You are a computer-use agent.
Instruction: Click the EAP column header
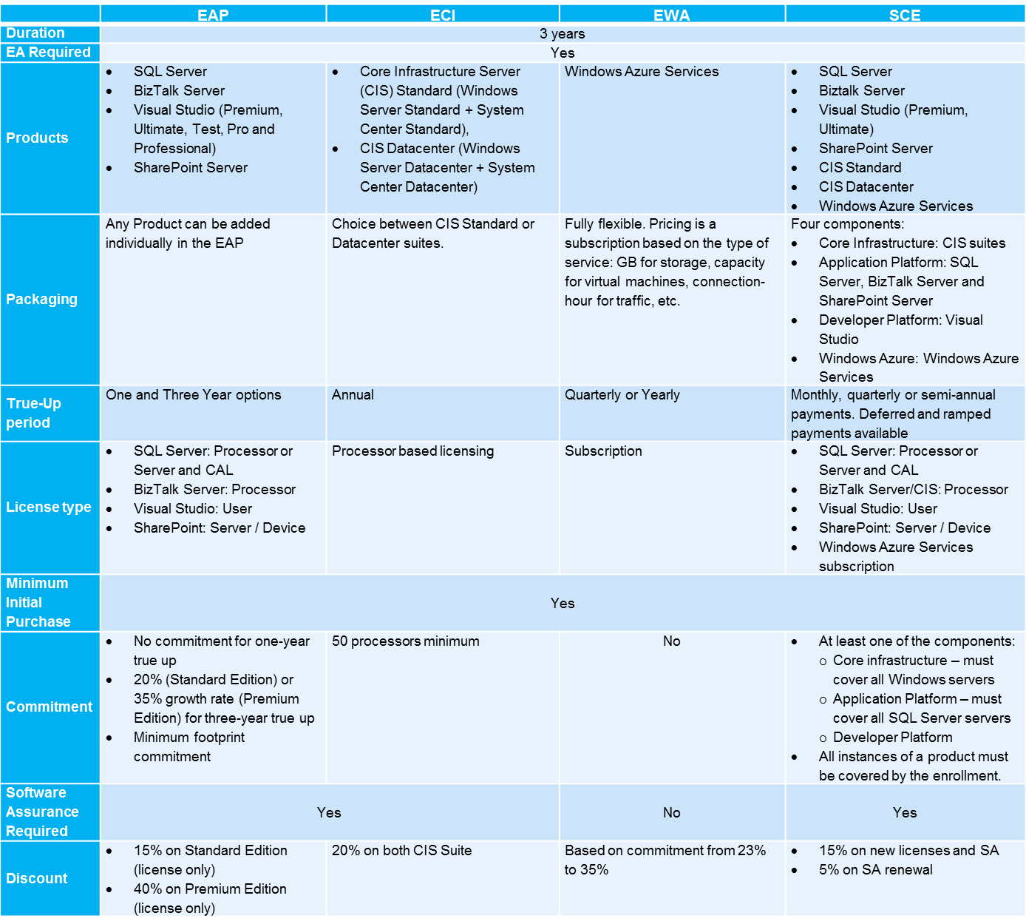[213, 15]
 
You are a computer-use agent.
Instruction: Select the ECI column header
[443, 15]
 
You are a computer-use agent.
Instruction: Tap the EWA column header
[671, 15]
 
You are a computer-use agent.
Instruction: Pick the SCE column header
[905, 15]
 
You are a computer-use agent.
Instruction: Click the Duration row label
[35, 33]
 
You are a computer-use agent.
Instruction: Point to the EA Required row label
[48, 53]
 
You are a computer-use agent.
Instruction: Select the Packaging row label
[41, 299]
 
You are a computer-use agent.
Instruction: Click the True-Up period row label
[34, 413]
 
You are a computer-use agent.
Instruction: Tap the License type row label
[49, 507]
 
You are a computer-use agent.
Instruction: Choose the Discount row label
[37, 878]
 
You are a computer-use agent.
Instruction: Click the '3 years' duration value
[562, 33]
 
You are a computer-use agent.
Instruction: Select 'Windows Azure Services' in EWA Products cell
[642, 72]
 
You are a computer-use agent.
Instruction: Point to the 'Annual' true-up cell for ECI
[353, 395]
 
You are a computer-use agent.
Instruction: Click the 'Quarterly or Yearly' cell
[622, 395]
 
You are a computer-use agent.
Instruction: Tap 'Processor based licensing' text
[412, 451]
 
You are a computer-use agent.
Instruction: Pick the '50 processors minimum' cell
[405, 641]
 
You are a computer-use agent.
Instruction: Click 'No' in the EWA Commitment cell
[671, 641]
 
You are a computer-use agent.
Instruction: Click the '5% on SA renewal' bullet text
[875, 870]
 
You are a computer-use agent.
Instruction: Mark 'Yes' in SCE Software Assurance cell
[905, 812]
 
